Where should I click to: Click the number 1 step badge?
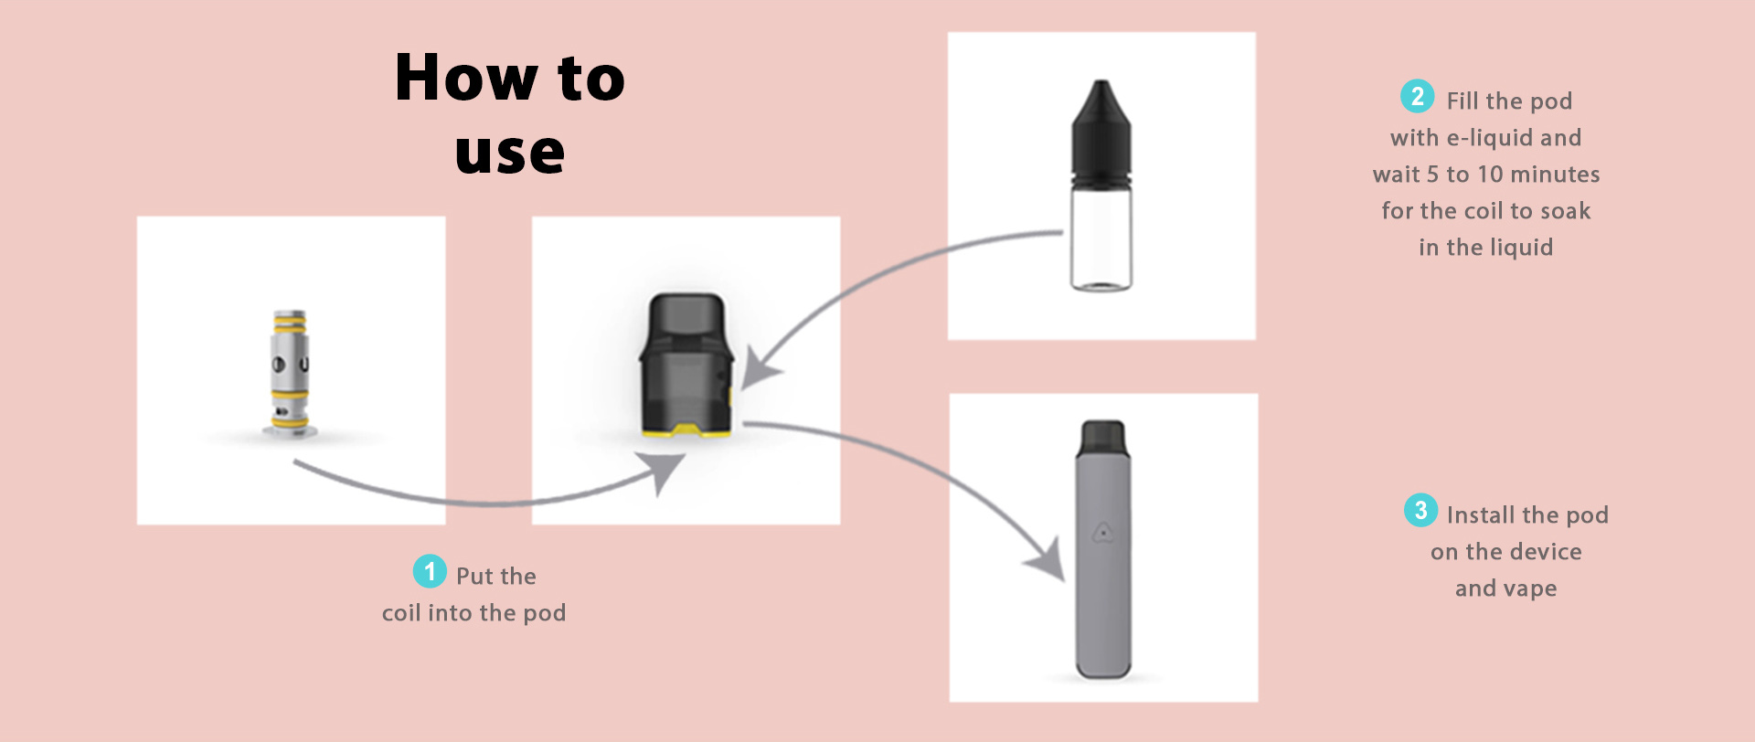pos(430,571)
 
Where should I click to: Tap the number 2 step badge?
pos(1417,96)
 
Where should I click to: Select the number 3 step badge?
pos(1420,510)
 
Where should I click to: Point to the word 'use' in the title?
pos(510,153)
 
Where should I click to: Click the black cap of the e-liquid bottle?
pos(1101,133)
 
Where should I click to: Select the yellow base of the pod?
pos(686,429)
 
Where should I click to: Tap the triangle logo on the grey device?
pos(1103,531)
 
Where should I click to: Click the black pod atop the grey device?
pos(1103,440)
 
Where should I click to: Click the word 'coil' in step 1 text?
pos(401,612)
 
